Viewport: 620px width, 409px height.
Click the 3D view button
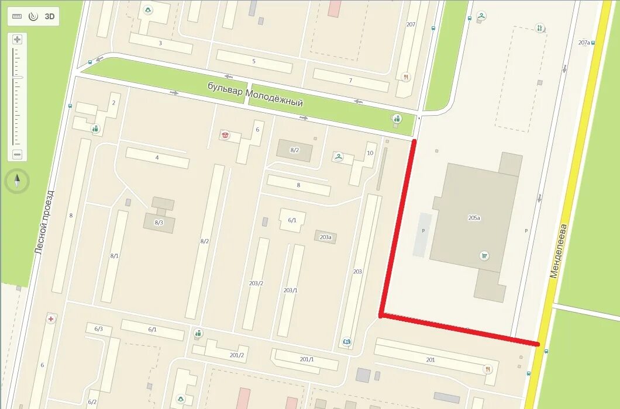pos(50,16)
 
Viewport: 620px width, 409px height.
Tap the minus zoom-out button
pos(17,155)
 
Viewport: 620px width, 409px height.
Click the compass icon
pos(17,181)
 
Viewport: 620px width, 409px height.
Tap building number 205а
pos(474,218)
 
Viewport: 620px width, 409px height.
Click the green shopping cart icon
pos(484,255)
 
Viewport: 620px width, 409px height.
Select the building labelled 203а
pos(325,237)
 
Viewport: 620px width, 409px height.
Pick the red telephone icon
pos(225,135)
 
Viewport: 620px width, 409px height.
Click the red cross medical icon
pos(51,319)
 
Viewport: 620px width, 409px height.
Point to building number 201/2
pos(236,355)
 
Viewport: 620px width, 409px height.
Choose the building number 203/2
pos(256,283)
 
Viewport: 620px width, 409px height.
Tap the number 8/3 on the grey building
pos(159,222)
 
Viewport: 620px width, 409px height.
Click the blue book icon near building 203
pos(347,342)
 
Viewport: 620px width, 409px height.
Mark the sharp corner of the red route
pos(381,316)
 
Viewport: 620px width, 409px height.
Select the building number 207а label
pos(585,43)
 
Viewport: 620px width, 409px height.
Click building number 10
pos(370,153)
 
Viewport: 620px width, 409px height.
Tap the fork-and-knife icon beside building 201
pos(487,369)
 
